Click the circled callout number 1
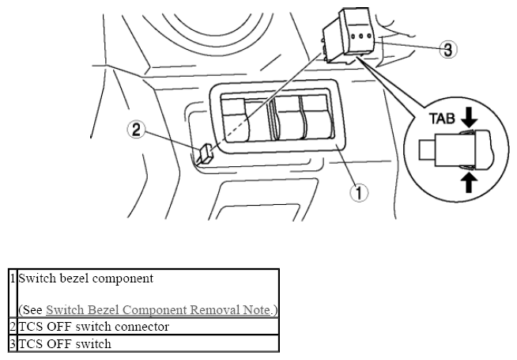(359, 192)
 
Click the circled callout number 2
(137, 129)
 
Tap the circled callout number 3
(447, 50)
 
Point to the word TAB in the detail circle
(442, 119)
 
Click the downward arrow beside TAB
(469, 119)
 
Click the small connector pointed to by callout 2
(205, 153)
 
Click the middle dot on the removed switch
(361, 36)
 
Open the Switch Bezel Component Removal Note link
(158, 310)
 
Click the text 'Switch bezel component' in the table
(85, 279)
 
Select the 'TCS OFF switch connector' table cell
(148, 327)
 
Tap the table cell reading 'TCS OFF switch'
(148, 343)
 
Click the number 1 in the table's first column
(13, 279)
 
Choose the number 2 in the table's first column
(13, 327)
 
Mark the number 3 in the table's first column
(13, 344)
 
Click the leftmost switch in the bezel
(236, 119)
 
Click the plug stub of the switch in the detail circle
(427, 150)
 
